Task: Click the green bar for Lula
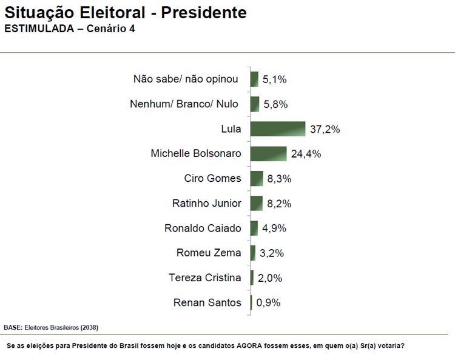pyautogui.click(x=277, y=129)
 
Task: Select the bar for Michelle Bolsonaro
pyautogui.click(x=268, y=154)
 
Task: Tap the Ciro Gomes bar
pyautogui.click(x=256, y=179)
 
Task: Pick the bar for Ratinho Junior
pyautogui.click(x=256, y=204)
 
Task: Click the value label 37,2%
pyautogui.click(x=325, y=129)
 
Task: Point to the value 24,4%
pyautogui.click(x=306, y=154)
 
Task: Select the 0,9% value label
pyautogui.click(x=269, y=303)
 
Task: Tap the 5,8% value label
pyautogui.click(x=275, y=104)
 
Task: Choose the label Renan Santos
pyautogui.click(x=207, y=302)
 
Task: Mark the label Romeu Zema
pyautogui.click(x=209, y=253)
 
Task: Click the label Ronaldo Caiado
pyautogui.click(x=203, y=228)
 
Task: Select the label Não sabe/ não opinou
pyautogui.click(x=186, y=79)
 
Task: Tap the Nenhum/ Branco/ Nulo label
pyautogui.click(x=184, y=104)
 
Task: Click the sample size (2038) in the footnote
pyautogui.click(x=89, y=327)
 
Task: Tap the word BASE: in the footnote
pyautogui.click(x=13, y=327)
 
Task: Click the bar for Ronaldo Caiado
pyautogui.click(x=254, y=228)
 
